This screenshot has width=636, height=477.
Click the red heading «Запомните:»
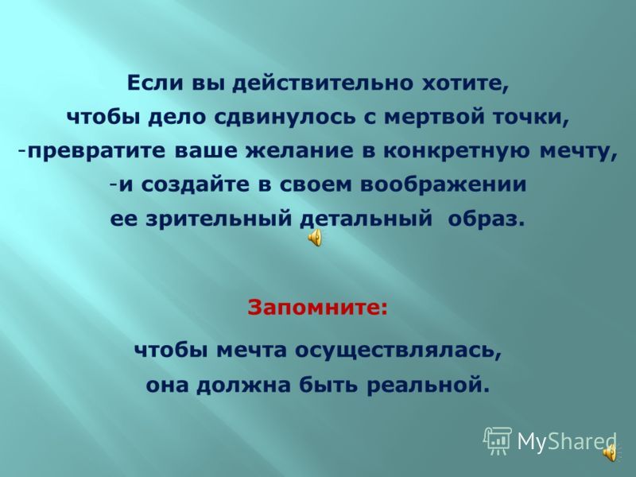tap(317, 307)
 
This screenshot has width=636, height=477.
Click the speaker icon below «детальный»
tap(315, 236)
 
